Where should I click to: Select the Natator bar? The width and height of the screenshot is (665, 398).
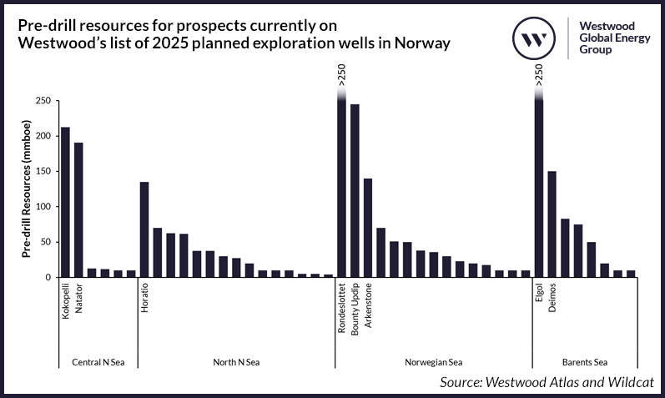pyautogui.click(x=78, y=209)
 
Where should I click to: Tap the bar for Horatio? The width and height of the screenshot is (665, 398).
pyautogui.click(x=144, y=229)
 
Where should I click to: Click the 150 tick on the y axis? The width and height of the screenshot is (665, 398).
pyautogui.click(x=43, y=171)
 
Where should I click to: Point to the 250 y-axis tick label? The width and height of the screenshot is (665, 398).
pyautogui.click(x=43, y=100)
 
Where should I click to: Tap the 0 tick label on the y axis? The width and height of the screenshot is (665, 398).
pyautogui.click(x=48, y=277)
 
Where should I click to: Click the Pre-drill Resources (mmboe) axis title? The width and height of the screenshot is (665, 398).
pyautogui.click(x=26, y=189)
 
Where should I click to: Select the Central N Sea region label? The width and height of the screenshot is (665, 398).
pyautogui.click(x=98, y=362)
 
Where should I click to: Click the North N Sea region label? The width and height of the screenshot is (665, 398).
pyautogui.click(x=236, y=362)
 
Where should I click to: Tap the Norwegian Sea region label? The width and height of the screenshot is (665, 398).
pyautogui.click(x=434, y=362)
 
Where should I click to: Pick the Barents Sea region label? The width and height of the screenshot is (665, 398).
pyautogui.click(x=584, y=362)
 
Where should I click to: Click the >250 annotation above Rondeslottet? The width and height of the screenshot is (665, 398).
pyautogui.click(x=342, y=75)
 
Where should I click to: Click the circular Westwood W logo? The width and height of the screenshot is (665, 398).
pyautogui.click(x=533, y=38)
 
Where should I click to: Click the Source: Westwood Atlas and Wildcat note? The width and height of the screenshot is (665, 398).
pyautogui.click(x=546, y=382)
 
